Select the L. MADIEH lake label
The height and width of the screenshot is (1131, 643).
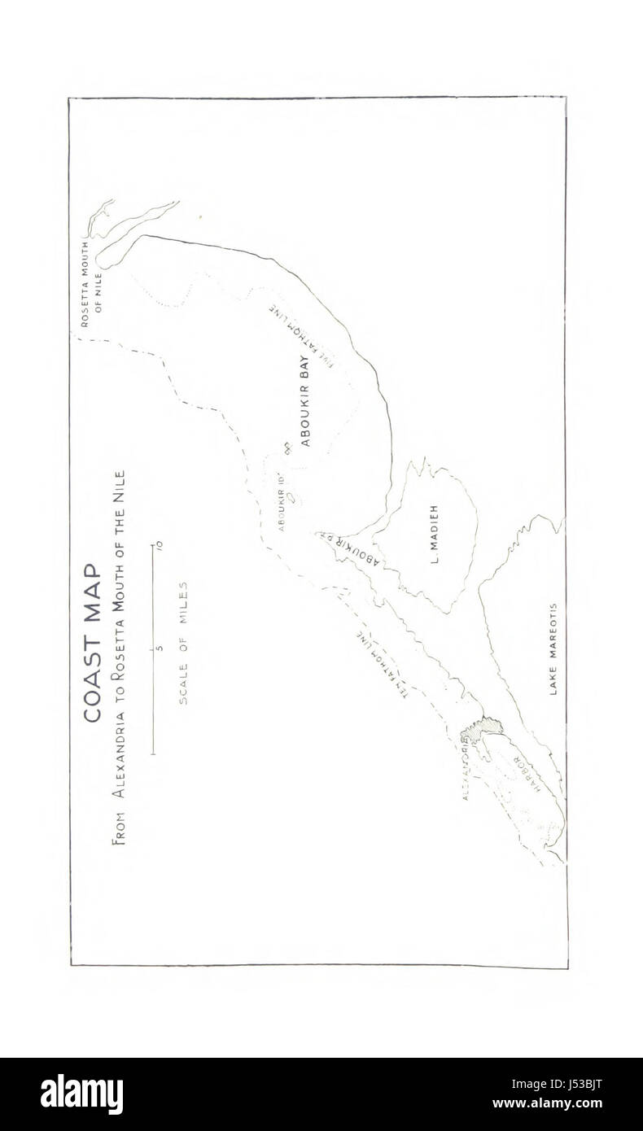coord(433,534)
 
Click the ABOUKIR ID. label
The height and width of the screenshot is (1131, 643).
coord(281,502)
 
